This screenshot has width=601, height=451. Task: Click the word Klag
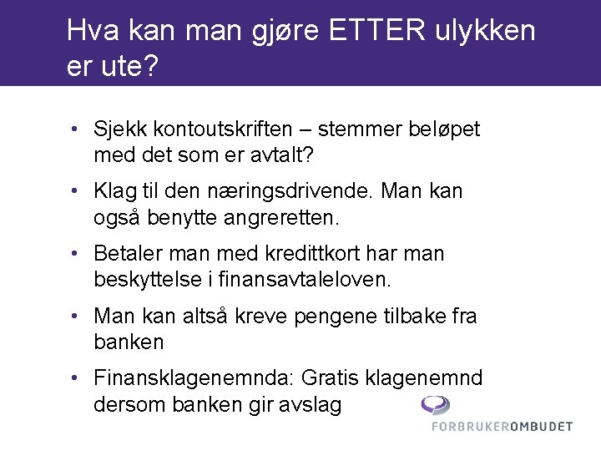pos(115,191)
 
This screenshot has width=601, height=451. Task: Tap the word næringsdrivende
pos(294,191)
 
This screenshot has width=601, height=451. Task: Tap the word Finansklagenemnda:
pos(193,379)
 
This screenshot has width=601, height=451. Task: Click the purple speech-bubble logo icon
pos(436,405)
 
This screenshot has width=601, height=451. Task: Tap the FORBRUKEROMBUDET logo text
pos(503,426)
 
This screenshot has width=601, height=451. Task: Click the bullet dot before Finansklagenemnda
pos(75,378)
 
